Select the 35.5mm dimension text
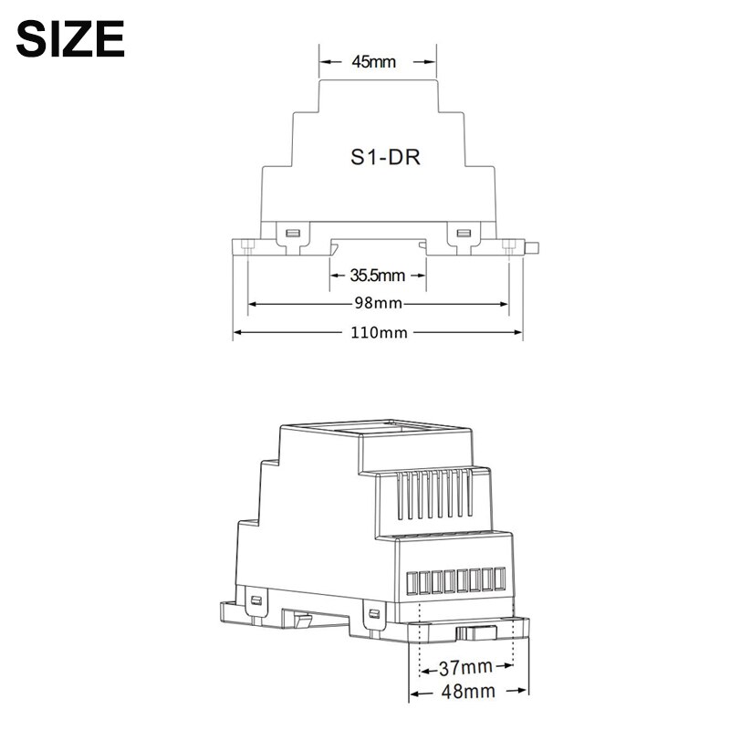tap(377, 275)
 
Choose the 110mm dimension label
tap(379, 333)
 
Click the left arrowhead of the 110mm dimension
tap(237, 333)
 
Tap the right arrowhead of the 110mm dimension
tap(518, 333)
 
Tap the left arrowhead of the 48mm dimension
tap(412, 691)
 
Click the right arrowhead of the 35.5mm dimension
tap(421, 275)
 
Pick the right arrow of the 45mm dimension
tap(430, 62)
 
